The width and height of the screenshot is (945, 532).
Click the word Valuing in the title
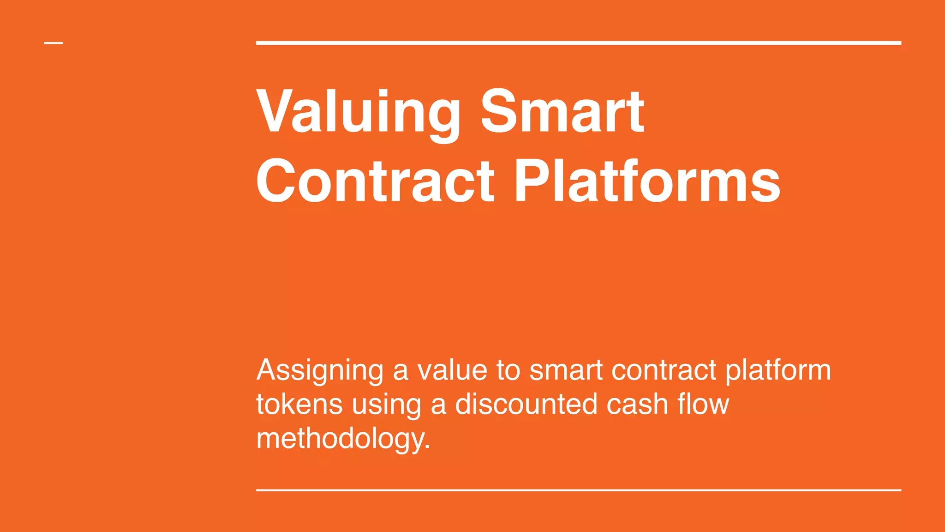358,113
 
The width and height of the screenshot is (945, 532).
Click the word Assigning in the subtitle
320,371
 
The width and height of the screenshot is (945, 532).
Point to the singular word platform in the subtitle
778,371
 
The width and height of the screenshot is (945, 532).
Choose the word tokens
299,404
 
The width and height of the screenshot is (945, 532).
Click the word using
386,405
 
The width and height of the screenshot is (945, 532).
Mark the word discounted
526,404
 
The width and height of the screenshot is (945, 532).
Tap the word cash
637,404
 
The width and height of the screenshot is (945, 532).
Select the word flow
703,404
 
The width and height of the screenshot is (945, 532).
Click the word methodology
340,439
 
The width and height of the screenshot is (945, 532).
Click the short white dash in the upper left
54,43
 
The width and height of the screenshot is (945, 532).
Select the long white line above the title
578,43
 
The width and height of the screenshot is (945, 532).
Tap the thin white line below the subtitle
578,490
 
